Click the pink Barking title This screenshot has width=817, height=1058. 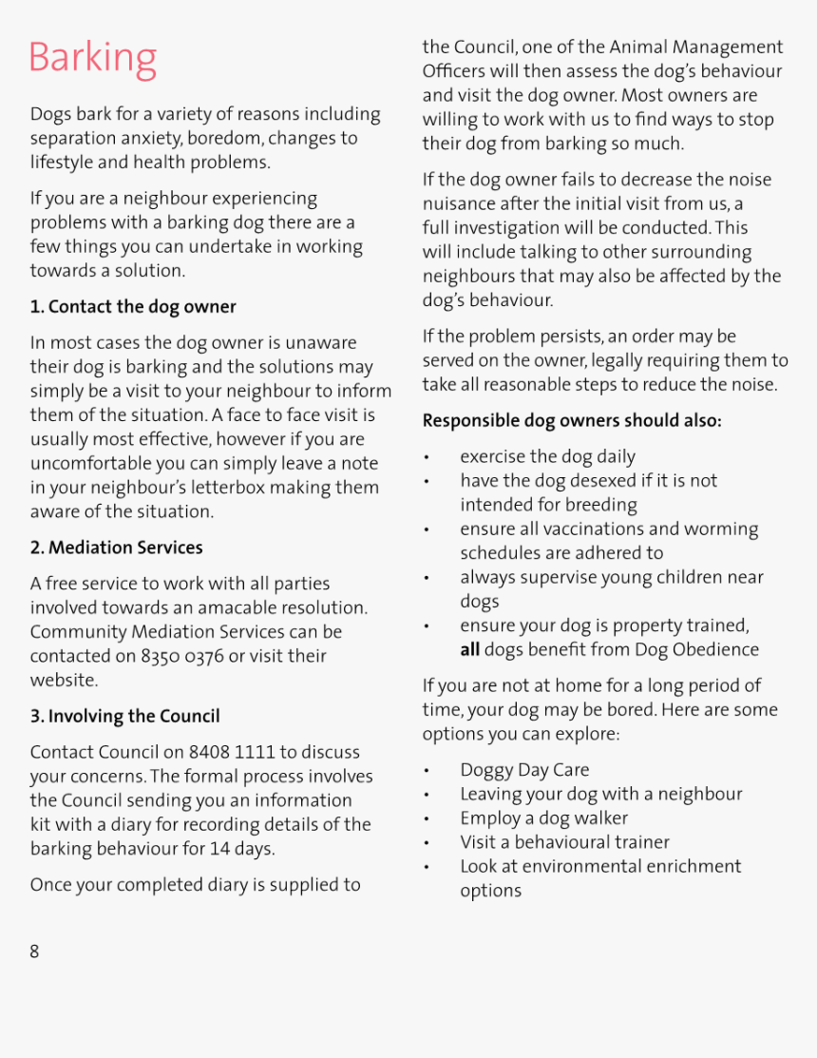[x=92, y=58]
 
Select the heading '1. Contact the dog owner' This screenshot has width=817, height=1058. [x=133, y=307]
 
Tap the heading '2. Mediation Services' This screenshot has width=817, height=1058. [x=116, y=548]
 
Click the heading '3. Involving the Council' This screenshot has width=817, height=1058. [x=124, y=716]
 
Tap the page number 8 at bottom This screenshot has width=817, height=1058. [x=34, y=952]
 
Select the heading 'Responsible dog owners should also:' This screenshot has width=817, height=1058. [x=572, y=420]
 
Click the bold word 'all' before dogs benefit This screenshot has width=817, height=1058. [x=469, y=650]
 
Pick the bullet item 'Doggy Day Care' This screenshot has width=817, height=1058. [x=524, y=770]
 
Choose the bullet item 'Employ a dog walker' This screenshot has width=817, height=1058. [x=543, y=818]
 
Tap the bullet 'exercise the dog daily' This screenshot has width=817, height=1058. [x=547, y=457]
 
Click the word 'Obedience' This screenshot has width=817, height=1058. [x=714, y=650]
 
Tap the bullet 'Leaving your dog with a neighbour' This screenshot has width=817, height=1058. [x=600, y=794]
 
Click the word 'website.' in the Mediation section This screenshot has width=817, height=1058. [x=65, y=680]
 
